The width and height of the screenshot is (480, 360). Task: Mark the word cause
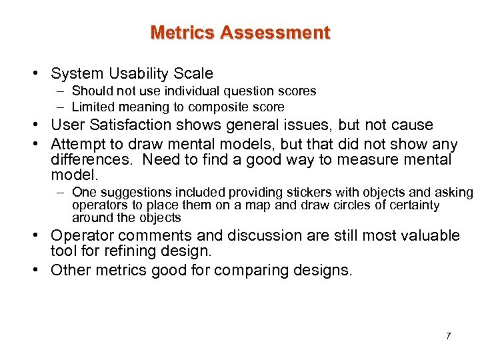point(414,125)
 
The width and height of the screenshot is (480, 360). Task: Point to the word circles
point(354,205)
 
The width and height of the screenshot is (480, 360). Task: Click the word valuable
point(431,235)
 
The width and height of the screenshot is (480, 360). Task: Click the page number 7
point(448,336)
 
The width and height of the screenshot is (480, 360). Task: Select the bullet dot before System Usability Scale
point(41,74)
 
